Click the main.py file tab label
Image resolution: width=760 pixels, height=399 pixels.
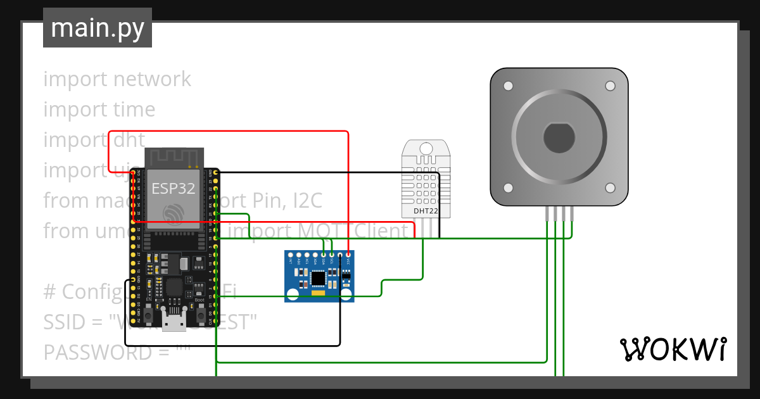(97, 28)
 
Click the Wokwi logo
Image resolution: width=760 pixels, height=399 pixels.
(673, 349)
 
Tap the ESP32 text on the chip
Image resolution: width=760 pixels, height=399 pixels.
(173, 188)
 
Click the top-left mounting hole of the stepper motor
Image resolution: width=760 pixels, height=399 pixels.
(508, 85)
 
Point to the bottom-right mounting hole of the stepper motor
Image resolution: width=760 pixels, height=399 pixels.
(610, 187)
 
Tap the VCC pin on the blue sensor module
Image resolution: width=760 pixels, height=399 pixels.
(348, 255)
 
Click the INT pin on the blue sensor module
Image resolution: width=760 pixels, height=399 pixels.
(291, 255)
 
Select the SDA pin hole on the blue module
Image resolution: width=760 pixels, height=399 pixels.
(323, 255)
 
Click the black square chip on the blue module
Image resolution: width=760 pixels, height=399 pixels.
(318, 277)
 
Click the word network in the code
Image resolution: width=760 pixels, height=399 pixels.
(152, 79)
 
